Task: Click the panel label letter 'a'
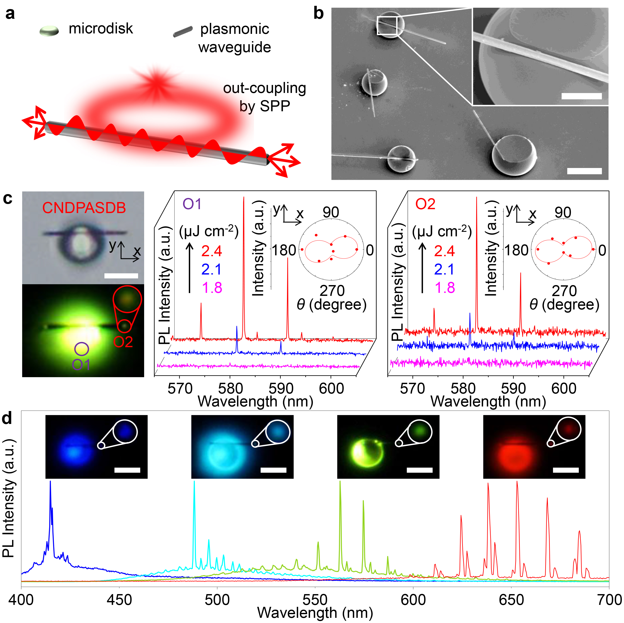[x=10, y=14]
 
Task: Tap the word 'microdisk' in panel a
[x=101, y=29]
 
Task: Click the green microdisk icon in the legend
[x=49, y=31]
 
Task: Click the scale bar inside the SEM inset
[x=581, y=96]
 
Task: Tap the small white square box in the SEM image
[x=387, y=25]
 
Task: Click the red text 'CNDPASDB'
[x=84, y=208]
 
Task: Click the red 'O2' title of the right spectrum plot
[x=425, y=204]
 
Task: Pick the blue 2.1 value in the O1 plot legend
[x=211, y=269]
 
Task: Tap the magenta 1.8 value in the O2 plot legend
[x=445, y=288]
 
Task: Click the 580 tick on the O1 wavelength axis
[x=230, y=389]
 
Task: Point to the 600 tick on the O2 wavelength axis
[x=564, y=389]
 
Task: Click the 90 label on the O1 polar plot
[x=331, y=212]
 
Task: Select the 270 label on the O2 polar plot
[x=564, y=291]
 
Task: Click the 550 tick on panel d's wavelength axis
[x=315, y=600]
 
